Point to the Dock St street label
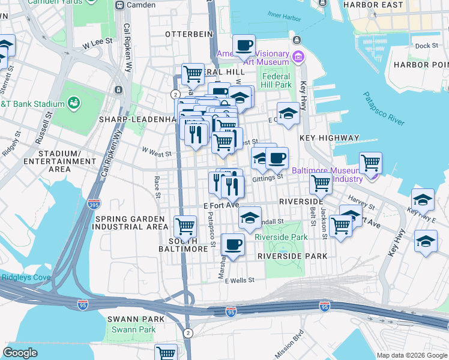[x=427, y=46]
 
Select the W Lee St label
[x=98, y=43]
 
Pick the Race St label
[x=157, y=187]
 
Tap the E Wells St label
[x=240, y=280]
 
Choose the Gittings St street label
[x=268, y=178]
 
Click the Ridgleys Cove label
[x=26, y=277]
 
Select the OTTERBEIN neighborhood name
[x=189, y=34]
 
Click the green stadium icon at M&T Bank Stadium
[x=74, y=103]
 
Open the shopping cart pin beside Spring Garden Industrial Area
[x=185, y=227]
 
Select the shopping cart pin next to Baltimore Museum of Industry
[x=371, y=162]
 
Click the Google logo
[x=20, y=353]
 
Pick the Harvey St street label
[x=360, y=198]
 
